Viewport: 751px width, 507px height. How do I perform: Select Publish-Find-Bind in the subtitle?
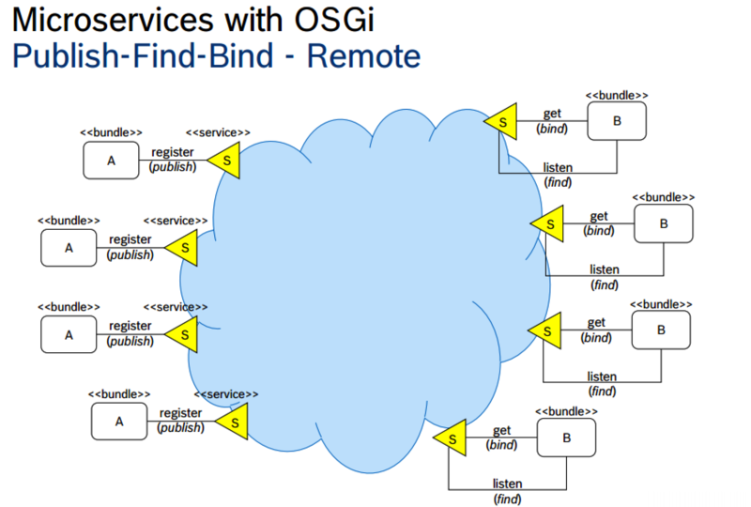point(140,56)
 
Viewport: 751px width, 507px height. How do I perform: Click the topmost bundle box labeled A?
point(111,161)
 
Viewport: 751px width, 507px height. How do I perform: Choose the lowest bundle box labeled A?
point(119,421)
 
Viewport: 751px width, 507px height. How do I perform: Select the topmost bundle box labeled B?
point(617,120)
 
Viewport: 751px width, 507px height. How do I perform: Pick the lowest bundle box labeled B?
point(566,438)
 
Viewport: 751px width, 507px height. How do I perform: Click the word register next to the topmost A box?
point(173,152)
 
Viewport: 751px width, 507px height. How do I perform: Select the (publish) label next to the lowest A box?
point(180,427)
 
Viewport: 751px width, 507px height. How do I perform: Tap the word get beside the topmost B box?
point(552,114)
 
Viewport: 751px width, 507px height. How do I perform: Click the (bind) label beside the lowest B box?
point(502,444)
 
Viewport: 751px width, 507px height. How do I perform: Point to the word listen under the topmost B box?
point(558,168)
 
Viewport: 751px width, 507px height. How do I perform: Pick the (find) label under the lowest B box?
point(507,498)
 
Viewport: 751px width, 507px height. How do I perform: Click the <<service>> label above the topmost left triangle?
point(218,133)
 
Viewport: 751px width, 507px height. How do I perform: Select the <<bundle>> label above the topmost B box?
point(617,95)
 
